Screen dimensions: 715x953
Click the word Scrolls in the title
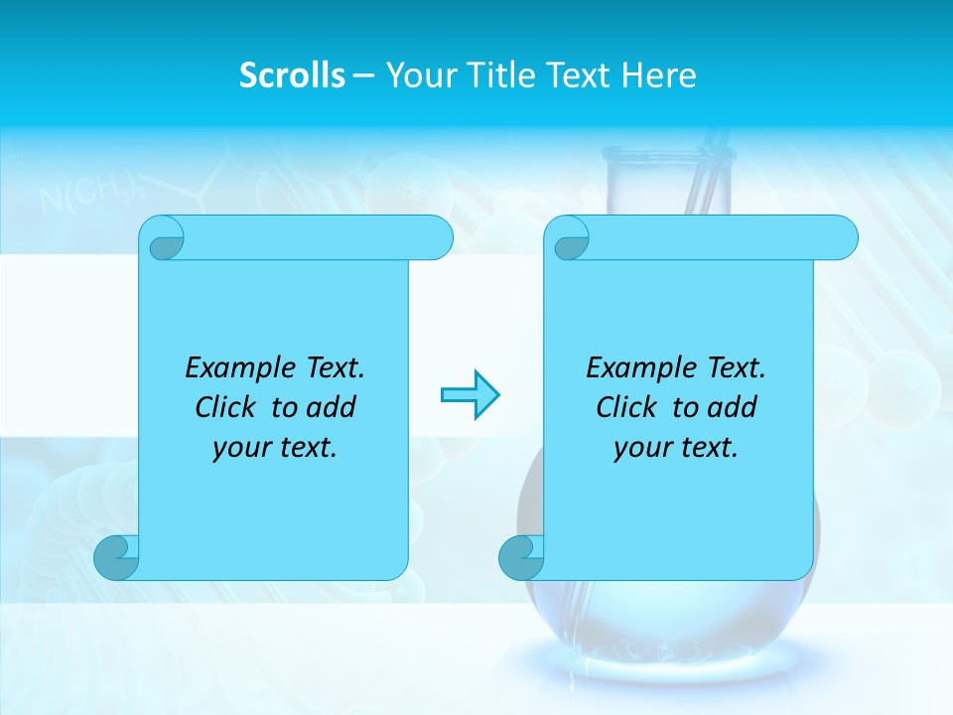pos(292,75)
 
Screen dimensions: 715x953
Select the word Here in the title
pos(658,75)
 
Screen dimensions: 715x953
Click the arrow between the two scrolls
pos(470,395)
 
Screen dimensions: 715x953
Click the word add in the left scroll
pos(332,408)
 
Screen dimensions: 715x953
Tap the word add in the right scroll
pos(733,408)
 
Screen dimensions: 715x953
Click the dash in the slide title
pos(363,75)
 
